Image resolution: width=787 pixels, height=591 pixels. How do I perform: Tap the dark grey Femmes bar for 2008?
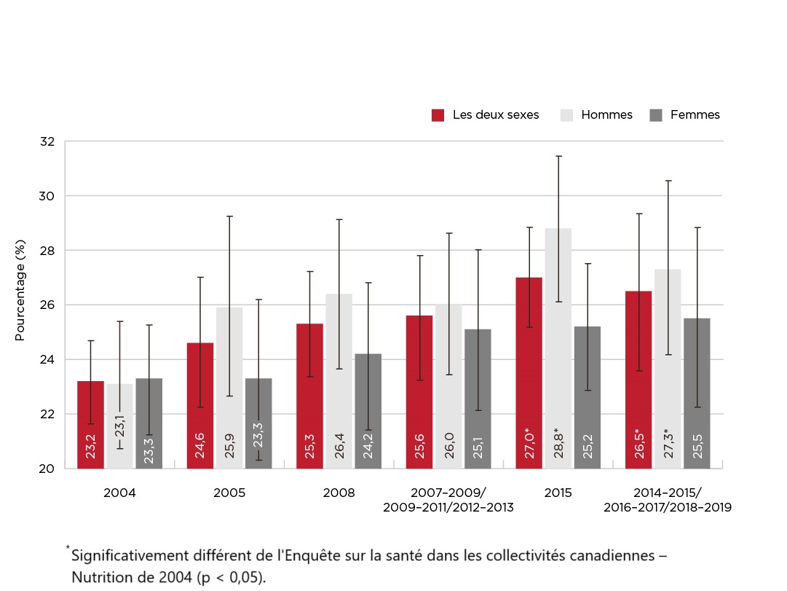(368, 411)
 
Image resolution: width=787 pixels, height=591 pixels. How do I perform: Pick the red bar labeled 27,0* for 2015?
(529, 372)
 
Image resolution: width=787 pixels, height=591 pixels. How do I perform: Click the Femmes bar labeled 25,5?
(697, 393)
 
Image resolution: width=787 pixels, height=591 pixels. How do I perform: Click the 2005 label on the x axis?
(229, 493)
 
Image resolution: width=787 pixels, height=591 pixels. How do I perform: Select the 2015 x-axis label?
(558, 493)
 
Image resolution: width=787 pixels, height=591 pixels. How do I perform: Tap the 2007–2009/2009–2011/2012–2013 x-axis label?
(448, 500)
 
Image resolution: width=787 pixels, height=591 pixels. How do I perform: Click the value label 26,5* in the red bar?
(638, 443)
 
